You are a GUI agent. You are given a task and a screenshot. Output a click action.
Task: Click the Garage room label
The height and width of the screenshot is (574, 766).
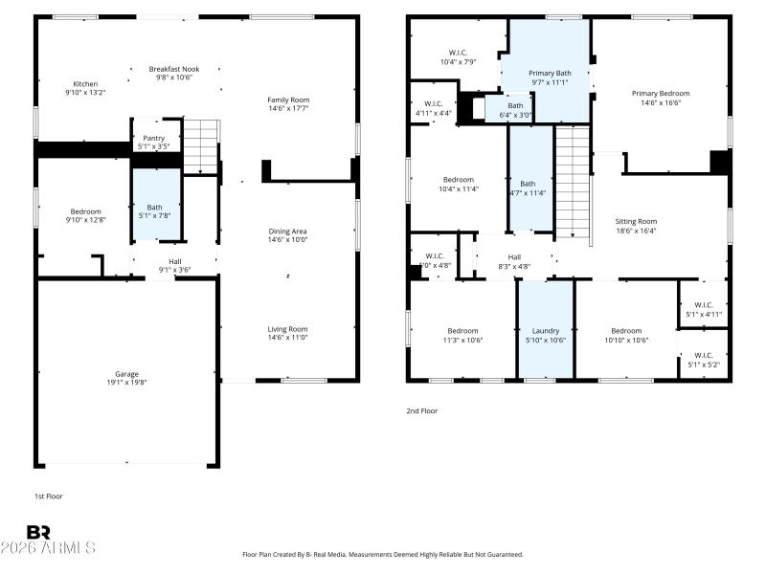click(127, 374)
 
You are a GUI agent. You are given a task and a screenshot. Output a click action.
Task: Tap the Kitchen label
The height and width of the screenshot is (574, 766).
click(85, 84)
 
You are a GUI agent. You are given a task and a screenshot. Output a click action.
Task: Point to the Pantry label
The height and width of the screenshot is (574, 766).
click(153, 139)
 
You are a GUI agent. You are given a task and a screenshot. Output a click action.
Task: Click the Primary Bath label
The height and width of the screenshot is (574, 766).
click(550, 73)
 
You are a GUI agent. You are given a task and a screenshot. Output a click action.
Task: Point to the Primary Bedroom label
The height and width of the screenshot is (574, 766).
click(660, 94)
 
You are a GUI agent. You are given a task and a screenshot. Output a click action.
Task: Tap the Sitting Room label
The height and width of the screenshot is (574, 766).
click(636, 221)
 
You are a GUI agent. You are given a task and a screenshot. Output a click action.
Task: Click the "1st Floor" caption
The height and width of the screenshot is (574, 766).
click(48, 497)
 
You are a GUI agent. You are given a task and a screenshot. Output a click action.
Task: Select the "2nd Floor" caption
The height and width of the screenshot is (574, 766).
click(422, 410)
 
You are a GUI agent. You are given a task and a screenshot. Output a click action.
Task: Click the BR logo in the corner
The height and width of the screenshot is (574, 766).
click(38, 532)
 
